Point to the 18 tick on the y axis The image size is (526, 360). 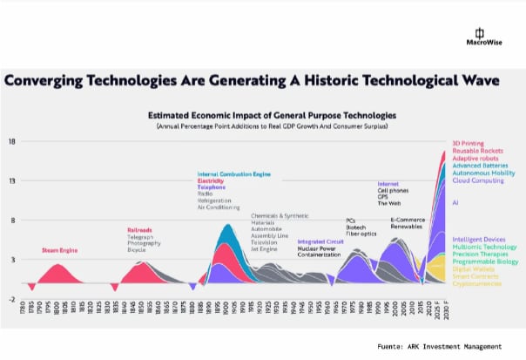click(x=12, y=141)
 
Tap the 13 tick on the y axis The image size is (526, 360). click(x=12, y=180)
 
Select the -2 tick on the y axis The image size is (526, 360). click(x=12, y=299)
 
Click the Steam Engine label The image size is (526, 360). click(x=59, y=250)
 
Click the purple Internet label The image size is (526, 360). click(x=388, y=184)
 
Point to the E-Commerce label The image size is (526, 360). click(x=407, y=220)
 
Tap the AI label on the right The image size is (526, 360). click(x=455, y=201)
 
